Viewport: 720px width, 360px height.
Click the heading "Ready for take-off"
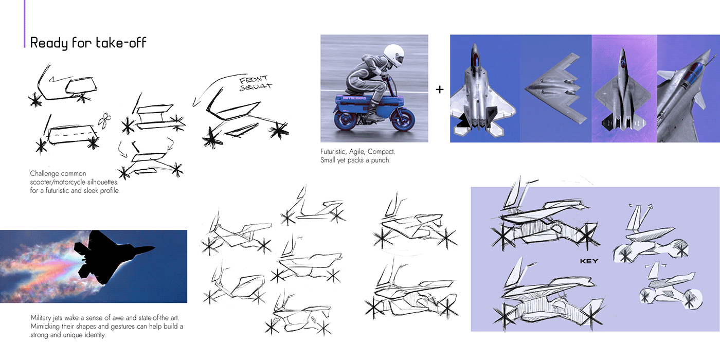point(88,42)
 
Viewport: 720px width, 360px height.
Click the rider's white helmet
point(394,56)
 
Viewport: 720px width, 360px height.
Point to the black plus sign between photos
point(440,89)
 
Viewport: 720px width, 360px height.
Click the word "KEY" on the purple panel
point(589,261)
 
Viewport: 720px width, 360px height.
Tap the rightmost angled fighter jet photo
point(688,88)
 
